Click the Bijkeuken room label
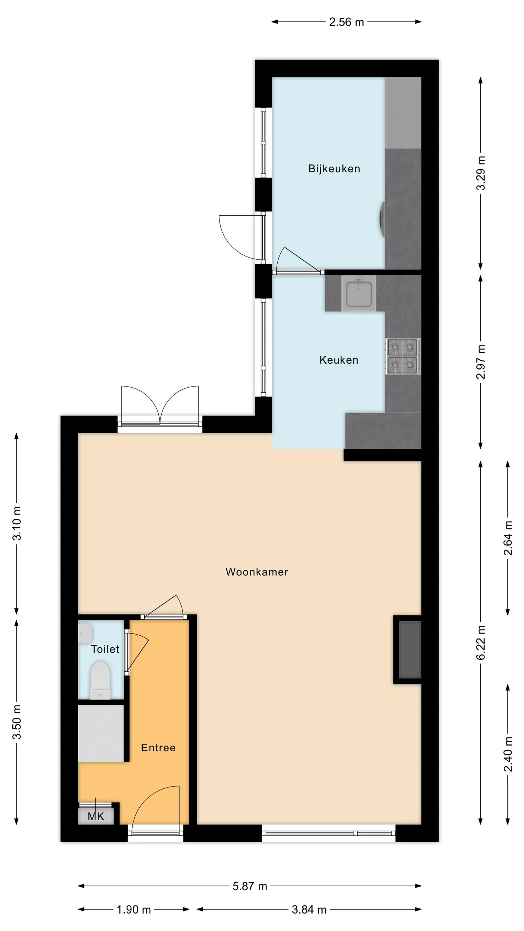[334, 169]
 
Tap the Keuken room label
[339, 360]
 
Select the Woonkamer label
[257, 572]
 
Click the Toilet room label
[105, 649]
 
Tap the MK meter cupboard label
[96, 816]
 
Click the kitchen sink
[359, 293]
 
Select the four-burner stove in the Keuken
[403, 356]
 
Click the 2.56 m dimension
[346, 22]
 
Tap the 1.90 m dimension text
[134, 910]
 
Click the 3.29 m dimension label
[481, 173]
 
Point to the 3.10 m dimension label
[17, 523]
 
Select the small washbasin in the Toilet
[85, 634]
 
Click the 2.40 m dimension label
[508, 754]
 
